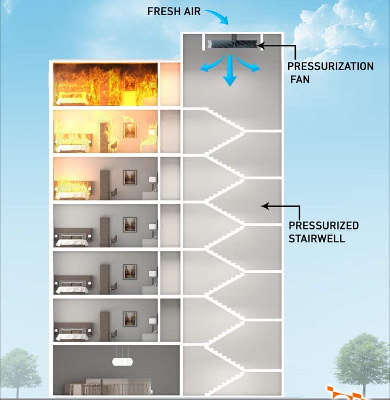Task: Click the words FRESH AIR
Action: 174,11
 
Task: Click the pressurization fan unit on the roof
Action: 233,44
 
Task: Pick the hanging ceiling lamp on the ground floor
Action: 122,361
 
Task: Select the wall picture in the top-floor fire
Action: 130,82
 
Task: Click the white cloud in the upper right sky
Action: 336,27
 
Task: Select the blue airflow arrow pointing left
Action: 208,68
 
